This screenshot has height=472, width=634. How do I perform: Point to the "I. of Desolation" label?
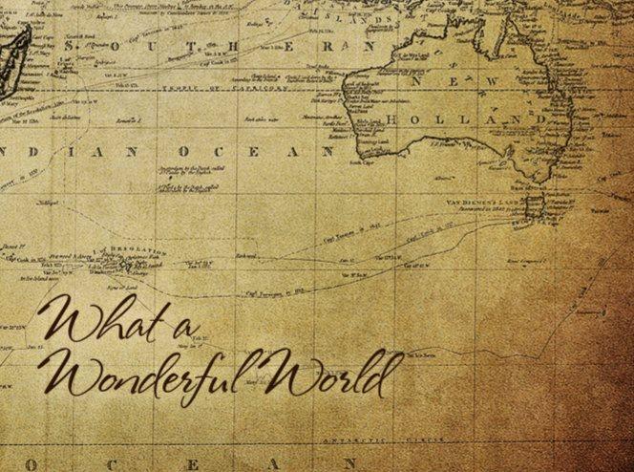click(119, 247)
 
